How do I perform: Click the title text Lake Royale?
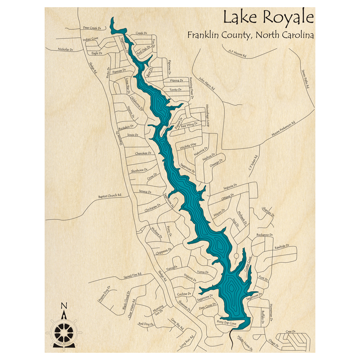click(268, 17)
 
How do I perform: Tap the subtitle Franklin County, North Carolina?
click(250, 35)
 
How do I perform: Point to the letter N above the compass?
click(64, 306)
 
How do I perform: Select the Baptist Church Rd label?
click(110, 197)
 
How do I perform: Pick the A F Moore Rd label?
click(237, 54)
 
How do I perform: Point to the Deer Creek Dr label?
click(92, 28)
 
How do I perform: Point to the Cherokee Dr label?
click(143, 153)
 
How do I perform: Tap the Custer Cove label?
click(247, 266)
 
